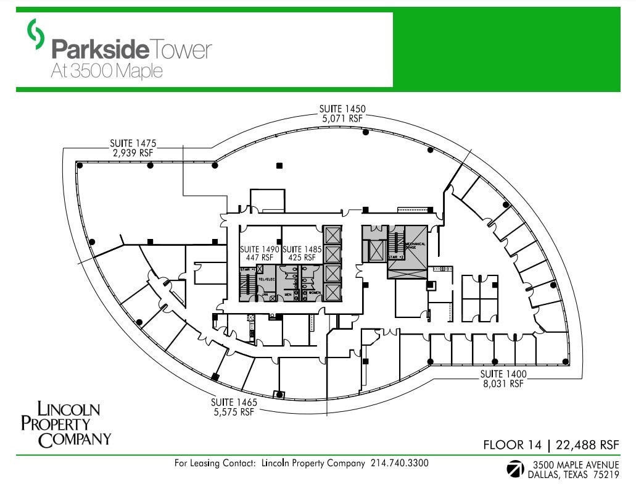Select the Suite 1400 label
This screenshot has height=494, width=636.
coord(503,374)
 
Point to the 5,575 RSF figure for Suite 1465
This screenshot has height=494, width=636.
coord(234,411)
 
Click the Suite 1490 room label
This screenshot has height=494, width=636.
coord(260,249)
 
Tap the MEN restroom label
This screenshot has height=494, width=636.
coord(288,295)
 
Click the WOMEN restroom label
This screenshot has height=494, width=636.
coord(315,293)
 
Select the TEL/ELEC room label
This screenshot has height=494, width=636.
coord(266,279)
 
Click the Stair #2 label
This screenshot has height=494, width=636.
coord(395,256)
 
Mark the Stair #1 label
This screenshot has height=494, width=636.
coord(247,270)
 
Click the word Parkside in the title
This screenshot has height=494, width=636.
coord(100,49)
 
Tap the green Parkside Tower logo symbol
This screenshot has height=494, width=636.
coord(36,34)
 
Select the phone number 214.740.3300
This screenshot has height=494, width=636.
coord(399,463)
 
